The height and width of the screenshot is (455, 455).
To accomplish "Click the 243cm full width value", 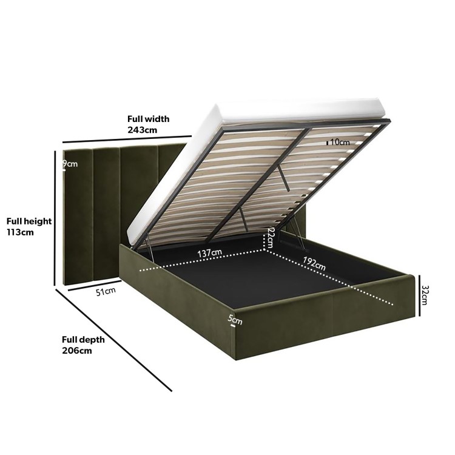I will point(142,130).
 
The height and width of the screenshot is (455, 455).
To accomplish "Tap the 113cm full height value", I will point(21,232).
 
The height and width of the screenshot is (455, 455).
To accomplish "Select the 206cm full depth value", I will point(76,351).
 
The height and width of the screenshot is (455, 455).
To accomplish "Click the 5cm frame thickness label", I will point(234,318).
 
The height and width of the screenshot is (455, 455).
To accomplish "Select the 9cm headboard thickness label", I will point(71,164).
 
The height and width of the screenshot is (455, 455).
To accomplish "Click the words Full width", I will point(148,119).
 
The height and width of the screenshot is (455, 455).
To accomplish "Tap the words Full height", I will point(29,221).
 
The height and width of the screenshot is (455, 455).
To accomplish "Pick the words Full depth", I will point(83,340).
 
